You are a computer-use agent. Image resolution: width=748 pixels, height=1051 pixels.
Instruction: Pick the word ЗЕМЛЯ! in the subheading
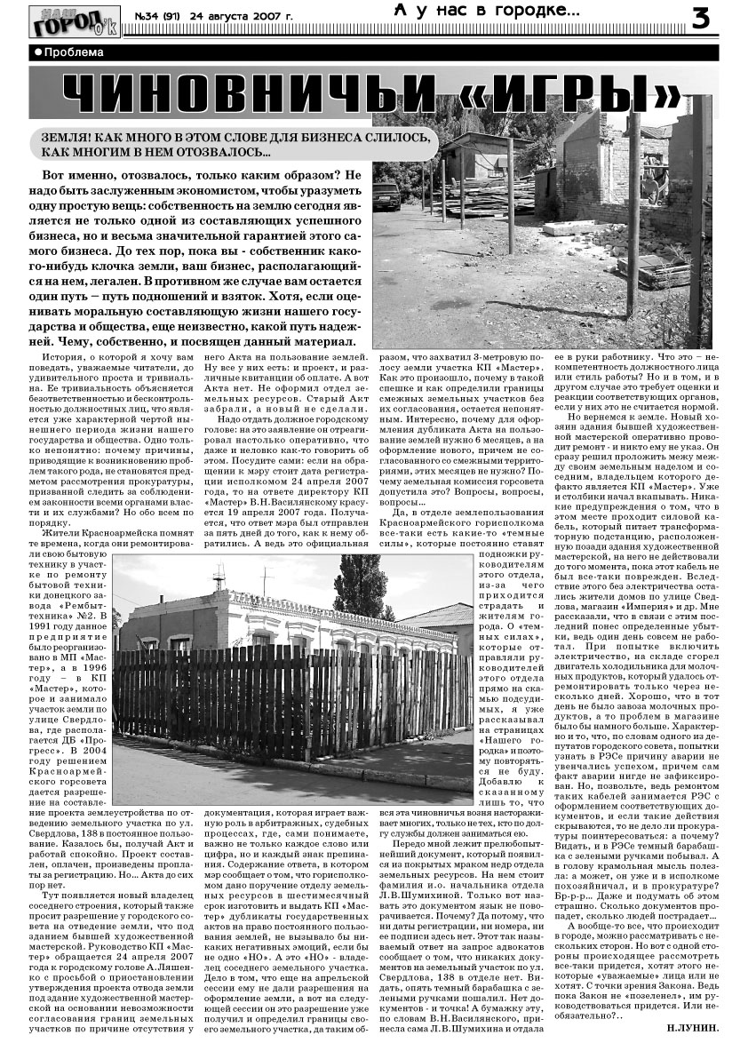[x=63, y=139]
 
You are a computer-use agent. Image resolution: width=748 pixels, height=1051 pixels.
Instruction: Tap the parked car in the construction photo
[x=387, y=195]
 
